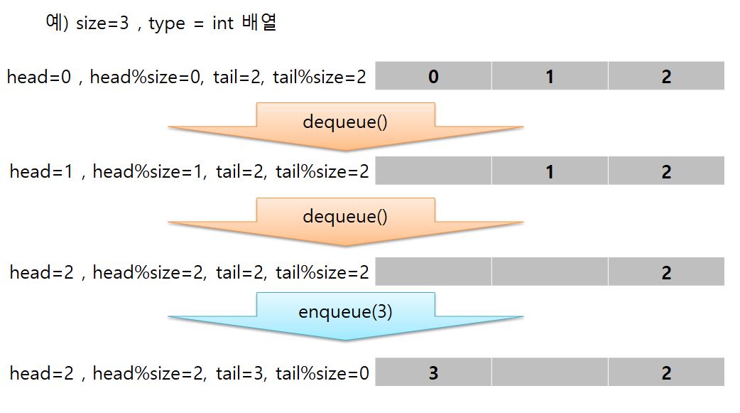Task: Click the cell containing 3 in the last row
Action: (x=433, y=372)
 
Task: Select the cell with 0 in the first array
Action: (x=433, y=76)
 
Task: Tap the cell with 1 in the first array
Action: (x=550, y=76)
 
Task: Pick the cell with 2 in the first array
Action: (x=666, y=76)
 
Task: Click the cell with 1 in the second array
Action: (x=550, y=171)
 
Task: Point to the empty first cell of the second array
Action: (x=433, y=171)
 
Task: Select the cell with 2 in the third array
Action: (x=666, y=272)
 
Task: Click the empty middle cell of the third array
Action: (x=550, y=272)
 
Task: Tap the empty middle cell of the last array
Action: (x=550, y=372)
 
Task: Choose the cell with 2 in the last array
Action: (x=666, y=372)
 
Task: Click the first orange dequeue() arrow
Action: (x=346, y=124)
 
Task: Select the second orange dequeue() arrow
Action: (x=346, y=219)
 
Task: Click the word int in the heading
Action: (x=223, y=23)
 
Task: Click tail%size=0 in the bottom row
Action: (x=322, y=373)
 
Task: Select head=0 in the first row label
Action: (x=39, y=77)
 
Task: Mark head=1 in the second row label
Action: (x=40, y=172)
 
